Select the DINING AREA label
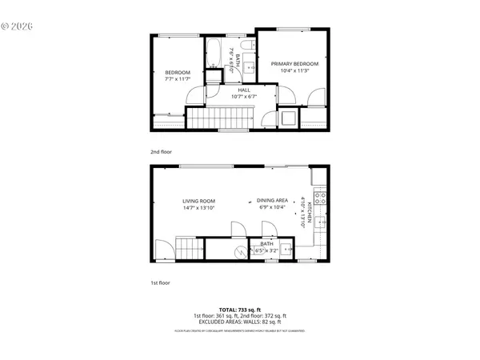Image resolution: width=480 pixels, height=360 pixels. (272, 204)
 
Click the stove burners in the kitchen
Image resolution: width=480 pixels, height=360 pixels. (320, 195)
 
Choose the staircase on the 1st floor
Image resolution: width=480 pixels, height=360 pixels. (186, 249)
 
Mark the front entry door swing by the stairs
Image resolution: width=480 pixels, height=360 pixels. (162, 250)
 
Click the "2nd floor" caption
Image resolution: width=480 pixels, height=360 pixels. (161, 151)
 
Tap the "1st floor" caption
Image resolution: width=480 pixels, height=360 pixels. (161, 282)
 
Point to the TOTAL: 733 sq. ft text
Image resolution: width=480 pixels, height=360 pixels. (240, 308)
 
